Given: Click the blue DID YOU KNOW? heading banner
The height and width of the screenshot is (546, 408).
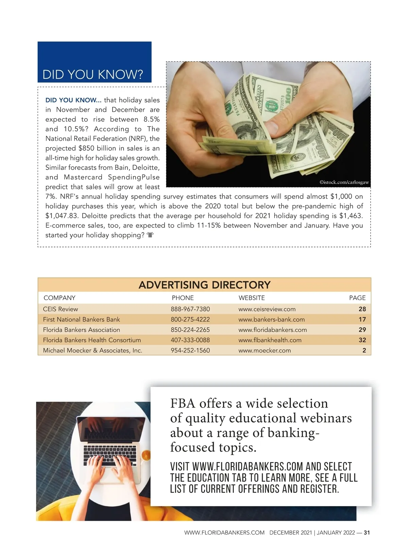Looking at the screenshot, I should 94,62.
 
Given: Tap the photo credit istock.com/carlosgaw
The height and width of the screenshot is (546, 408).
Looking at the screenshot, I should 344,182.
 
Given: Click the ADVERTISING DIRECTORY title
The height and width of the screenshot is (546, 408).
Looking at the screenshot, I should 204,285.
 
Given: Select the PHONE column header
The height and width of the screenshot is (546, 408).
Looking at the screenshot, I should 183,298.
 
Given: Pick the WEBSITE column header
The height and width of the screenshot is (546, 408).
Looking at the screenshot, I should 252,298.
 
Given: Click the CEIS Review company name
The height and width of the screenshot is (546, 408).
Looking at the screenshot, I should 61,309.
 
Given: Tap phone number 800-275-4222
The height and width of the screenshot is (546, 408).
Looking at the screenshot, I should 190,319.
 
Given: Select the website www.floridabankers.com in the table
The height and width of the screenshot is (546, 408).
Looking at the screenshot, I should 272,330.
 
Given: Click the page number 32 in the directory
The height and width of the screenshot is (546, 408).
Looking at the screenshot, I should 362,340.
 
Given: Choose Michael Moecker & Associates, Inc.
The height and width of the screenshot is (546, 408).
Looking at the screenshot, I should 92,350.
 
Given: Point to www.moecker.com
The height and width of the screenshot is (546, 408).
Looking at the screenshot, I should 265,350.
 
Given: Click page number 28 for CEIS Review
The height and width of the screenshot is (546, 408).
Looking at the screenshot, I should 362,309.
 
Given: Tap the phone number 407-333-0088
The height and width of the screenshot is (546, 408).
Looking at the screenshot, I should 190,340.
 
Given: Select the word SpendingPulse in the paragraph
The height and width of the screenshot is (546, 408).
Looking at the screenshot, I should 134,177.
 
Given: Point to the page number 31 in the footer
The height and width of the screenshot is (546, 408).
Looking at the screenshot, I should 367,533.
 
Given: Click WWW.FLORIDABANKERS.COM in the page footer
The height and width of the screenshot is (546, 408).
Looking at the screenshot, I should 224,533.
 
